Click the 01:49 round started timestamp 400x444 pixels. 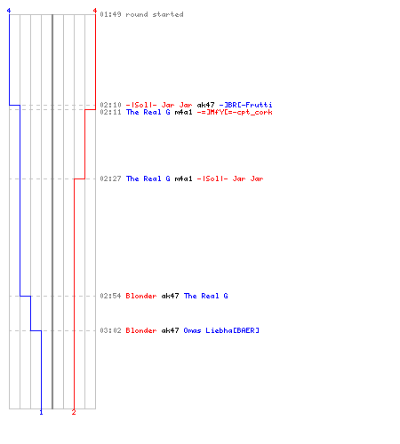(110, 14)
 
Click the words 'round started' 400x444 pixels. (155, 14)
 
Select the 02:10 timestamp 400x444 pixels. (110, 105)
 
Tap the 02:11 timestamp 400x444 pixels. (110, 112)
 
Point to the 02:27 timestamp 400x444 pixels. (110, 178)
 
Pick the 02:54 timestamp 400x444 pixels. (110, 296)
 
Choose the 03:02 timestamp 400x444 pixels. (110, 330)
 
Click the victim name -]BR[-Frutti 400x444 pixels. (245, 105)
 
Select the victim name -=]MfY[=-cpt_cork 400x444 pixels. (235, 113)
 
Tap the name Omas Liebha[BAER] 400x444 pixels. (221, 330)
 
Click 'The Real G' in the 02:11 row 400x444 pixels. (148, 112)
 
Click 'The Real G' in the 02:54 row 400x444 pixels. (206, 296)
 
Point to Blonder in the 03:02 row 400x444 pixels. (141, 330)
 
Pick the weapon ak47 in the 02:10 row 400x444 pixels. (205, 105)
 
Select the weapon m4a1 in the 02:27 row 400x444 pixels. (183, 178)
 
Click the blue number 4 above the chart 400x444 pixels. (9, 11)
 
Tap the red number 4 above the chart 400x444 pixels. (95, 11)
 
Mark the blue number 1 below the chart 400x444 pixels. (41, 412)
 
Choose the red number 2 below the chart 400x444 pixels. (74, 412)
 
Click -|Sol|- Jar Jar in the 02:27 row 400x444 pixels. (230, 178)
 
